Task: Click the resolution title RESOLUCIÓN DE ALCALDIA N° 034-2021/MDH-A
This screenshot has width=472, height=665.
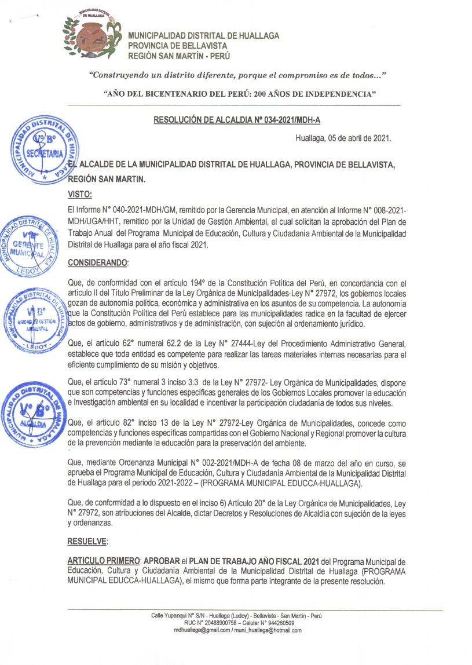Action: [x=237, y=120]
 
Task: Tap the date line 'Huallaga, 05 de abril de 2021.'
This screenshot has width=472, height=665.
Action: [x=343, y=138]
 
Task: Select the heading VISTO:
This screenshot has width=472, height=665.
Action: [x=81, y=194]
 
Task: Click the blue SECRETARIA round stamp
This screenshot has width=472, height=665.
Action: [x=45, y=150]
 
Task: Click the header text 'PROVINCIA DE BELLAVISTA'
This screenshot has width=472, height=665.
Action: [x=178, y=46]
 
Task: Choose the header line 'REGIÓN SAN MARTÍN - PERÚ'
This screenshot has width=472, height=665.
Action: [x=179, y=56]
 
